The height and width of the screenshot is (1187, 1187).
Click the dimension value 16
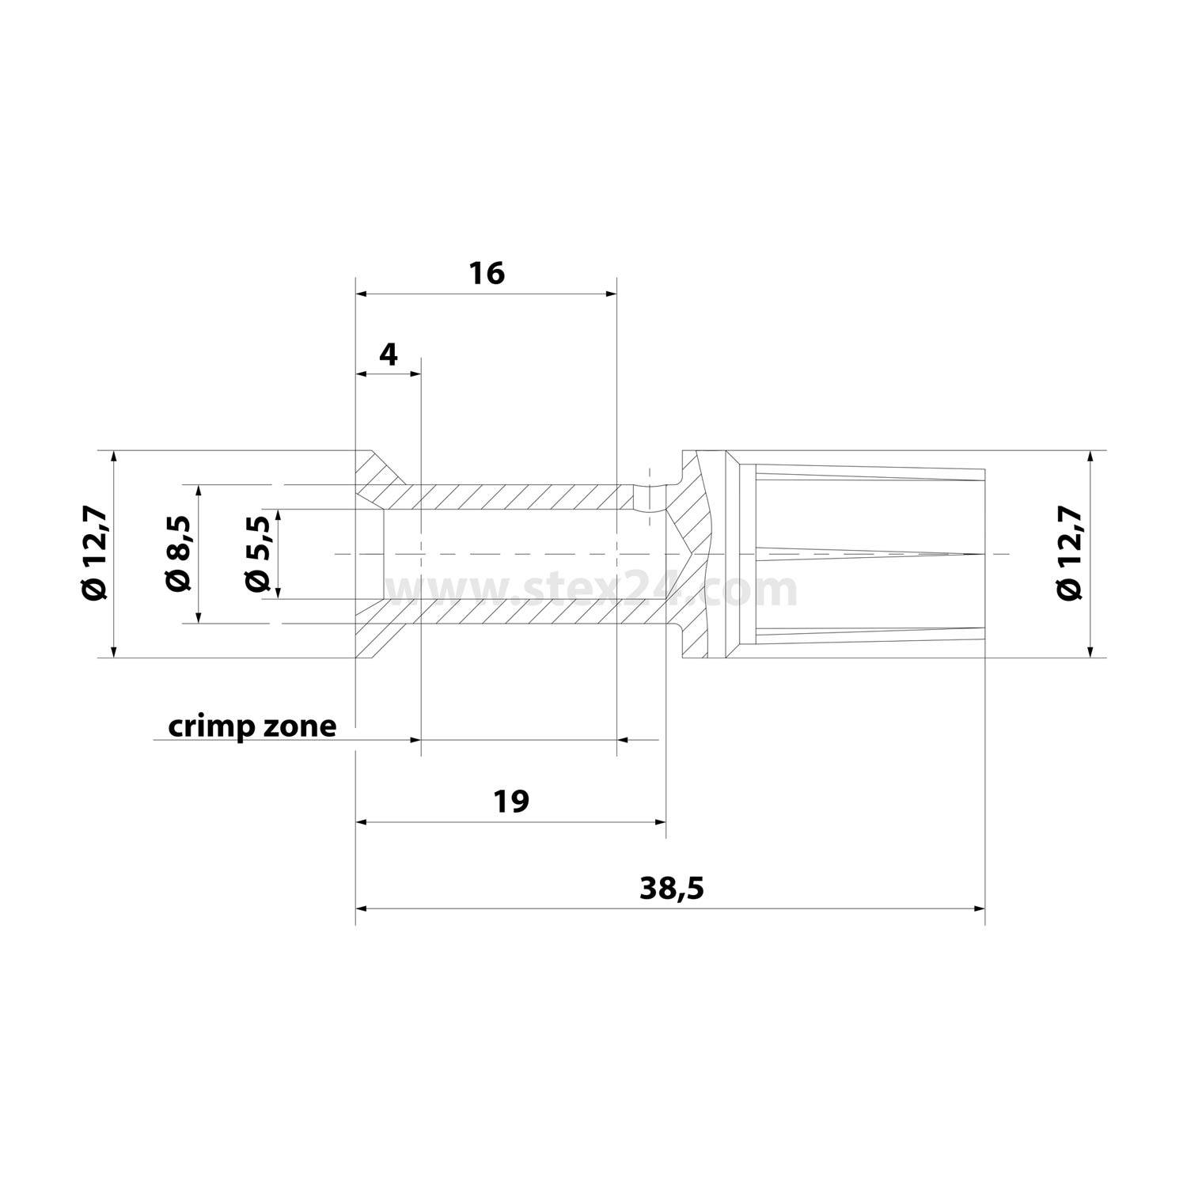point(486,274)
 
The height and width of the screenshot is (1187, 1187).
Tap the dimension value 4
point(388,355)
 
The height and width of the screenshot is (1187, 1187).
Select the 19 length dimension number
point(510,802)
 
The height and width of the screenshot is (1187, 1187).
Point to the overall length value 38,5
point(671,889)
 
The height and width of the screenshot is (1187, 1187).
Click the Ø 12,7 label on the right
point(1069,554)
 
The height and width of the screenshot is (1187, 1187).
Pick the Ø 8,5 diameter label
point(178,554)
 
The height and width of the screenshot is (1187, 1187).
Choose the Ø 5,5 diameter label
point(258,554)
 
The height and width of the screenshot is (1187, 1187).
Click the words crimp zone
point(252,726)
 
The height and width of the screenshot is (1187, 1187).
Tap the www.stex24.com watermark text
point(590,590)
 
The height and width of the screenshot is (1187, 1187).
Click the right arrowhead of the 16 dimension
point(611,294)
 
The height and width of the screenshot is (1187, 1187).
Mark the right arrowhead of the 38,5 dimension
point(980,908)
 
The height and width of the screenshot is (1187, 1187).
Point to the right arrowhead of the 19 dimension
point(661,822)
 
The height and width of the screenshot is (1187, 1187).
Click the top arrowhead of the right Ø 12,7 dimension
point(1090,457)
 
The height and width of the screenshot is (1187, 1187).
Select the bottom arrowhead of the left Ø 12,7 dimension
point(114,651)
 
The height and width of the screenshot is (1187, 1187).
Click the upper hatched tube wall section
point(514,496)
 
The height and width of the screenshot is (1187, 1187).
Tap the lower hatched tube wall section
point(514,612)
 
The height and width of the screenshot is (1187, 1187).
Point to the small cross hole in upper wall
point(648,496)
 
